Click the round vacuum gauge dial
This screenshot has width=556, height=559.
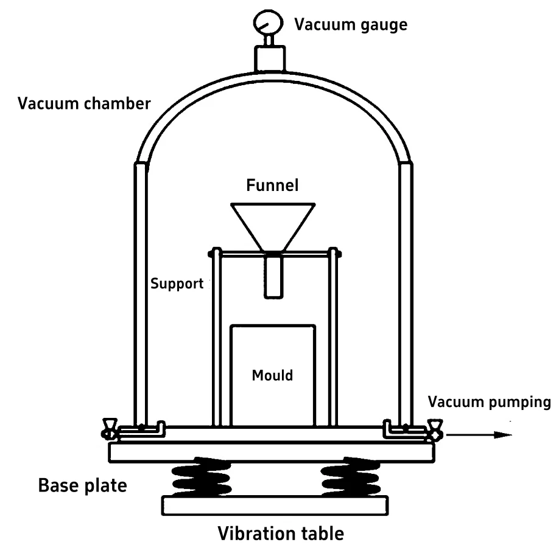(269, 23)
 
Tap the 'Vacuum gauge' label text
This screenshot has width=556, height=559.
(351, 25)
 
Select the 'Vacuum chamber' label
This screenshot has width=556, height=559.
(84, 104)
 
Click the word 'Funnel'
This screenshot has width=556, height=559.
(272, 186)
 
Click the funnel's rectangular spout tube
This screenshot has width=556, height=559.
(273, 275)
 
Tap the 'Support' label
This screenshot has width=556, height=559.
(177, 284)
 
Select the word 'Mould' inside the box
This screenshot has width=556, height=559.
(272, 375)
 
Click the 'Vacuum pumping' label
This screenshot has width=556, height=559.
(489, 402)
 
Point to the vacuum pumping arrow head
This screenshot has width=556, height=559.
(503, 434)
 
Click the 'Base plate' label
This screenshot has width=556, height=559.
(82, 485)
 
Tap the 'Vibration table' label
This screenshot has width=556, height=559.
(281, 533)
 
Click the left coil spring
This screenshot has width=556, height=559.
(202, 477)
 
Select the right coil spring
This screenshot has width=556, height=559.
(350, 477)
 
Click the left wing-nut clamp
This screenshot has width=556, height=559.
(109, 429)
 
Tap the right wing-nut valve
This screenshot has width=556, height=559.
(435, 429)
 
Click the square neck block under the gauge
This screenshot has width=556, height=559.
(270, 59)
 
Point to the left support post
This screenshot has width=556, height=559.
(217, 336)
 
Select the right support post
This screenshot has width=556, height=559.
(333, 336)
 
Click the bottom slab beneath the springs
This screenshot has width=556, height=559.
(275, 505)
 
